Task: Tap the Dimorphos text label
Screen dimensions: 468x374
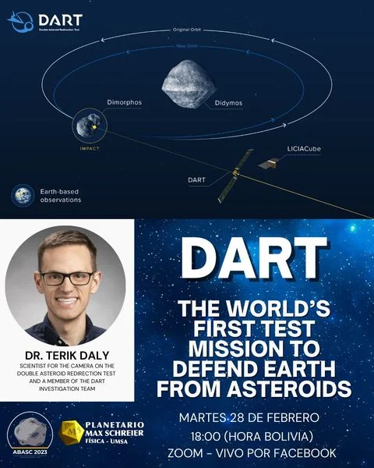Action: pyautogui.click(x=123, y=102)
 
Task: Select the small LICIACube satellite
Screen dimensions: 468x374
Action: pyautogui.click(x=270, y=163)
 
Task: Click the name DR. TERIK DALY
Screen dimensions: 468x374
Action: pyautogui.click(x=65, y=349)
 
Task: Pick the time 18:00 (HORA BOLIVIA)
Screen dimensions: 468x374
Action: pyautogui.click(x=252, y=433)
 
